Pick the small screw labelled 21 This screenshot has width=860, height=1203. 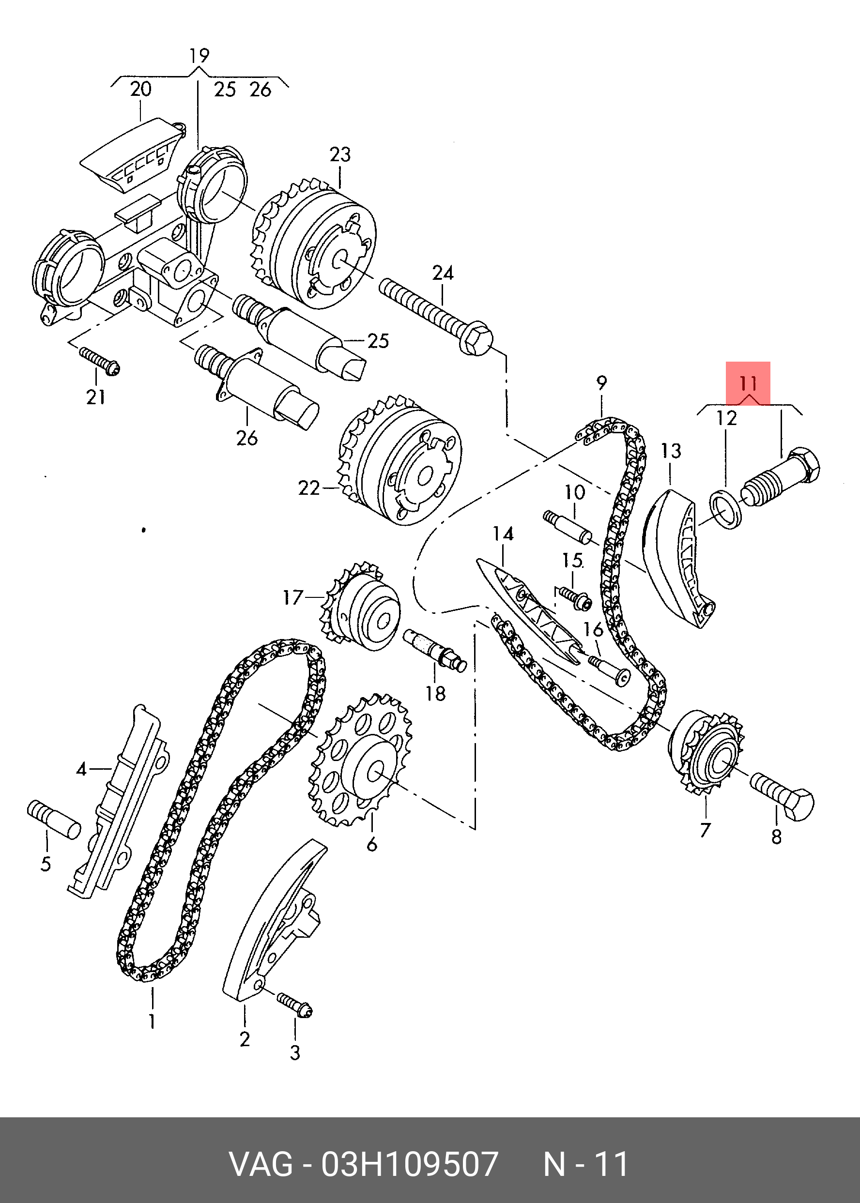(100, 361)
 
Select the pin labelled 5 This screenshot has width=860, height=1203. (53, 819)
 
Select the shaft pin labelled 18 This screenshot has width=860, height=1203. (434, 649)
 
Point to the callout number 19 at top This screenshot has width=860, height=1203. (200, 56)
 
